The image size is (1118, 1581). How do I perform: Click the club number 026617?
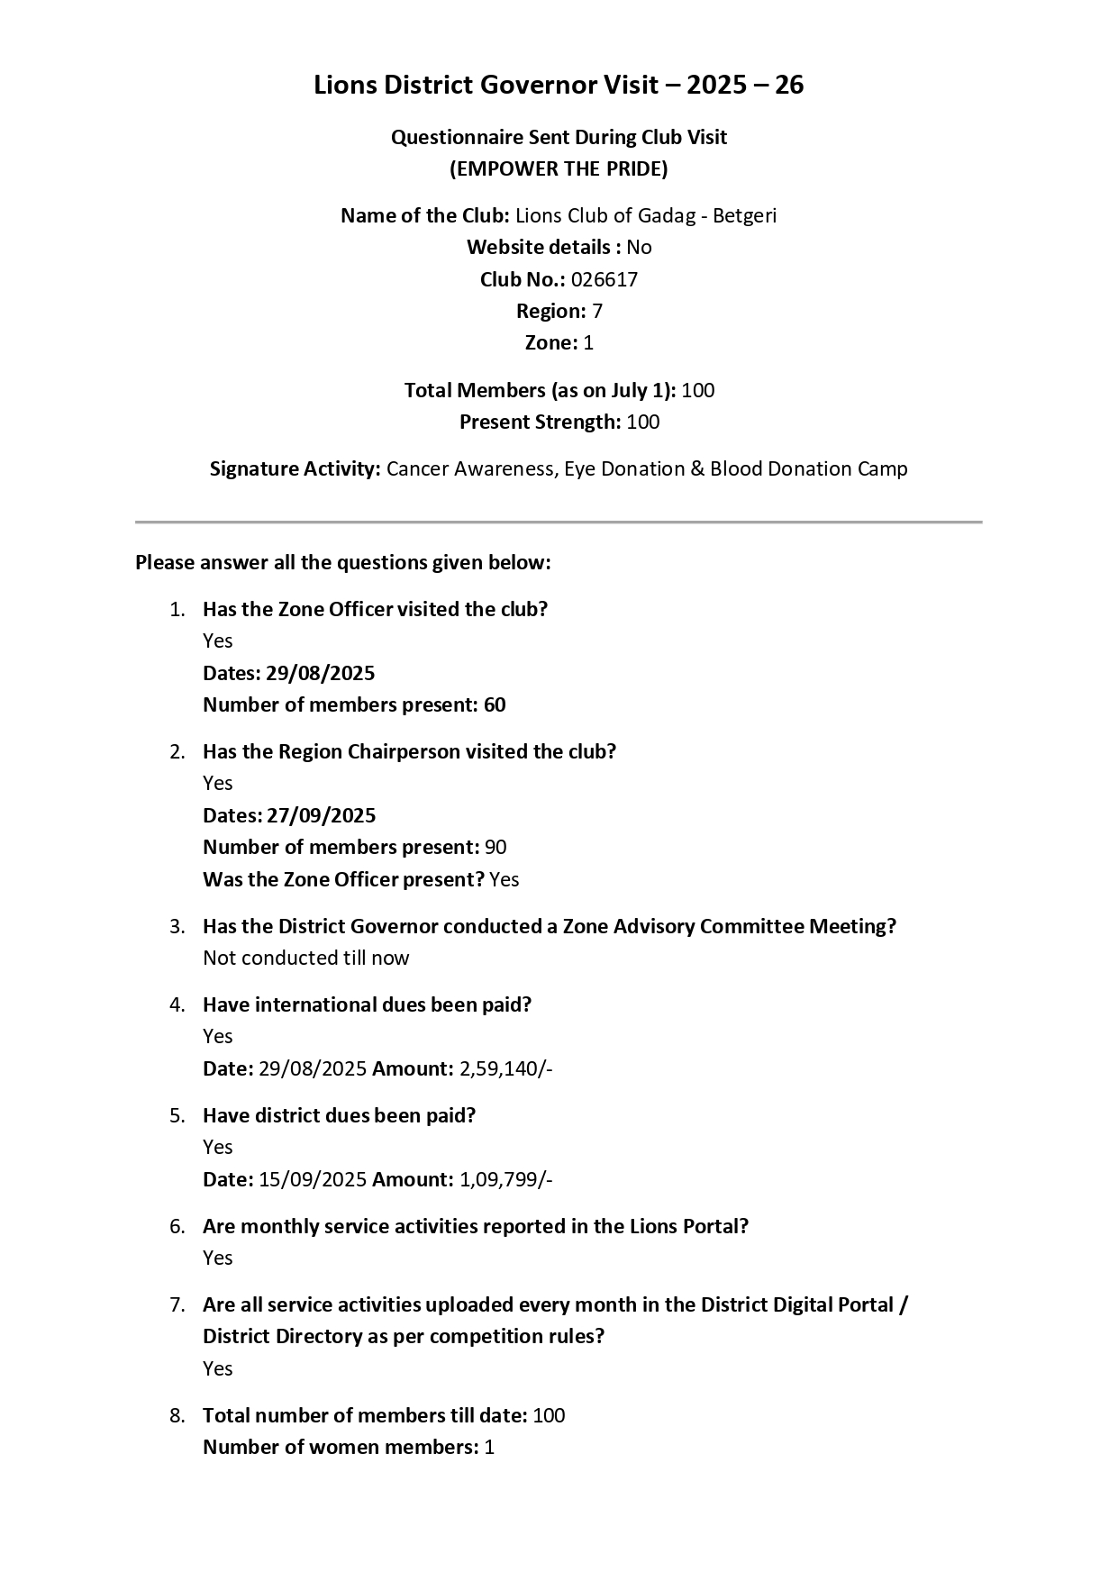click(604, 279)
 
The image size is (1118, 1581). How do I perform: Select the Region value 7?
click(597, 311)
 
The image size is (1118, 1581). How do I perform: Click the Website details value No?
click(639, 247)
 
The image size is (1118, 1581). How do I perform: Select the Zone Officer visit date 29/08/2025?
click(320, 673)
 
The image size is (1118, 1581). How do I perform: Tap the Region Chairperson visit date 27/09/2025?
click(321, 815)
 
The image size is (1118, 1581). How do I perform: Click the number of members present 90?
click(495, 847)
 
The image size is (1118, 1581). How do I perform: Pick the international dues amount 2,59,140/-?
click(505, 1068)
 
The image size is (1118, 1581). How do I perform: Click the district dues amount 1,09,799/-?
click(505, 1179)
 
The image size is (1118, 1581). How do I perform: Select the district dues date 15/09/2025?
click(313, 1179)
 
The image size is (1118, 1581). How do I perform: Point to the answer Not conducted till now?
click(305, 958)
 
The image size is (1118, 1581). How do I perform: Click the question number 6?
click(177, 1226)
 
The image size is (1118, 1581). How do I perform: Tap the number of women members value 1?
click(489, 1447)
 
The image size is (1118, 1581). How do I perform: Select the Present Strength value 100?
click(643, 422)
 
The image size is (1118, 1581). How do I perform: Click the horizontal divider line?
click(559, 522)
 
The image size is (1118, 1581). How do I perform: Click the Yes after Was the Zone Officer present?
click(504, 879)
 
